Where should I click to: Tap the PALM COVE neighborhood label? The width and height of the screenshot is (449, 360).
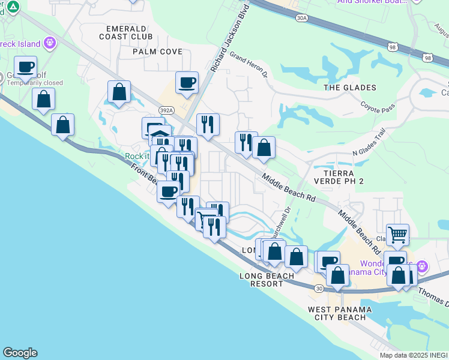tap(158, 52)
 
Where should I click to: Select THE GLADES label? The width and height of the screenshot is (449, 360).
tap(350, 88)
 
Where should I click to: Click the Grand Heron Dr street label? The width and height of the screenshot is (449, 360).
tap(249, 67)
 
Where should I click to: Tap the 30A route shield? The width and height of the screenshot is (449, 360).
tap(301, 19)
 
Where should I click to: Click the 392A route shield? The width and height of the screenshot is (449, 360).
tap(166, 110)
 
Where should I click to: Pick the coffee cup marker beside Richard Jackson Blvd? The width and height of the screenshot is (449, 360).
tap(187, 83)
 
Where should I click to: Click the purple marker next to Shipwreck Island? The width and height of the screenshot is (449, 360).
tap(49, 43)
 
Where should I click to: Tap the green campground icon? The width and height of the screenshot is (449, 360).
tap(14, 7)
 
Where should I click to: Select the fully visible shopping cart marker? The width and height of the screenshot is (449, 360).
tap(397, 235)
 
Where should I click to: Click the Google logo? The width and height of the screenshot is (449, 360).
tap(20, 353)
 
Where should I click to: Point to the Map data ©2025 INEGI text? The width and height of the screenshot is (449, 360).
tap(414, 355)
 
